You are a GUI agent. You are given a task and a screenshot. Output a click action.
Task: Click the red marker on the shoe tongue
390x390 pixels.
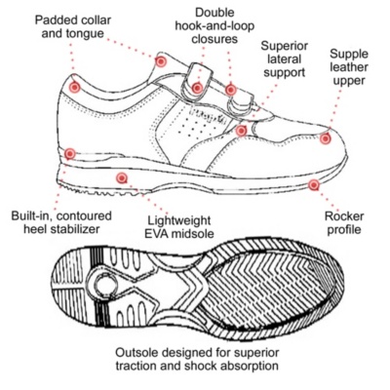pos(161,61)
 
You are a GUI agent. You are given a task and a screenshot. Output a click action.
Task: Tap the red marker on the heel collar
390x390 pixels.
pos(75,87)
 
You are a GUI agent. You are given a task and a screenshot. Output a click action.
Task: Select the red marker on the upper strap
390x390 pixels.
pos(197,88)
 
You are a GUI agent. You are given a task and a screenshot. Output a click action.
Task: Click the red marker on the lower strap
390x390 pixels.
pos(230,90)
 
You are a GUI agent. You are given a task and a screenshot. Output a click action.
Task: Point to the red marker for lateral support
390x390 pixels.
pos(241,131)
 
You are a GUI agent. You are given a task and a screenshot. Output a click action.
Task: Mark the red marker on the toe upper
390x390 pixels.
pos(325,138)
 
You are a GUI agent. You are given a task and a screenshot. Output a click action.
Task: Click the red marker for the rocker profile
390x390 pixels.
pos(314,185)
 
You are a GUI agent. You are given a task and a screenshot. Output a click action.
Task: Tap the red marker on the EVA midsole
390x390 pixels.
pos(122,177)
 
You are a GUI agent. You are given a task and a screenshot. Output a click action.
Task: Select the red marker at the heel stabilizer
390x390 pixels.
pos(70,153)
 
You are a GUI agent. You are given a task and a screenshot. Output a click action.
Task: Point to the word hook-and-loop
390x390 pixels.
pos(214,25)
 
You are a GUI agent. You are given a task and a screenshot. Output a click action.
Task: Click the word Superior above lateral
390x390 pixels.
pos(284,46)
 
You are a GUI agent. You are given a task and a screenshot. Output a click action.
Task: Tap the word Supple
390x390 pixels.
pos(349,54)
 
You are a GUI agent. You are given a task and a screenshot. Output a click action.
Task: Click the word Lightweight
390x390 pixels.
pos(179,220)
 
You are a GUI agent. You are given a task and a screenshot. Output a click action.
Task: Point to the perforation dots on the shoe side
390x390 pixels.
pos(195,126)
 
